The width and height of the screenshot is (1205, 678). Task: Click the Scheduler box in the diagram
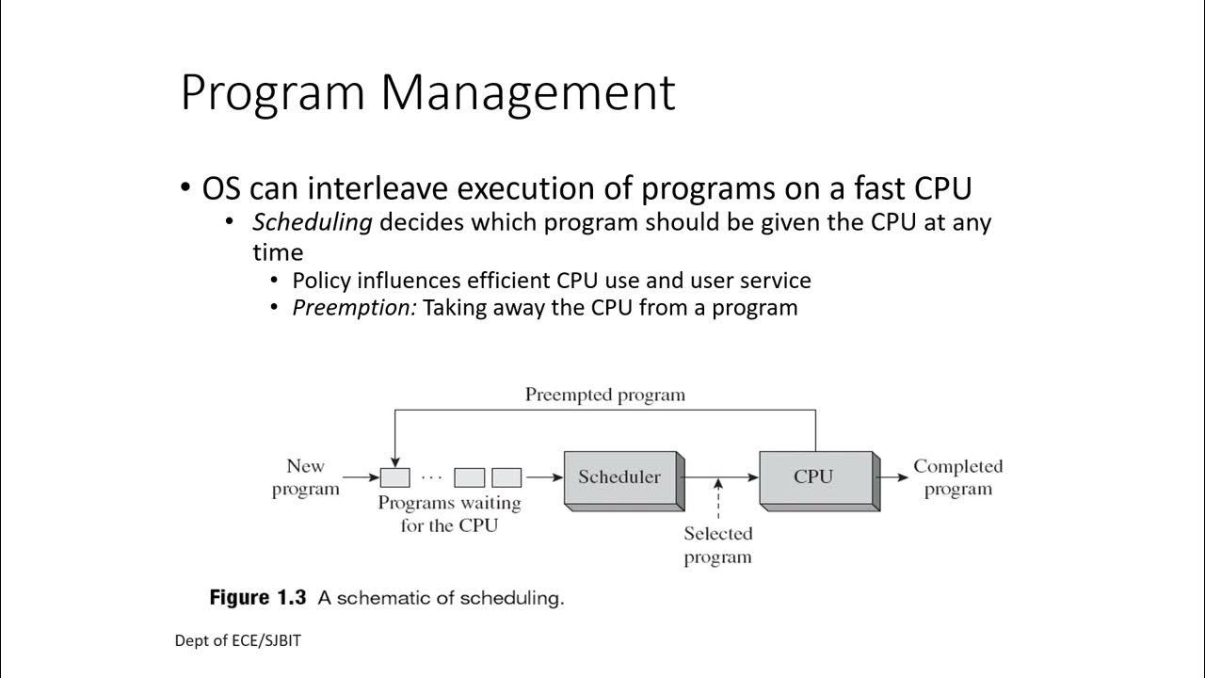coord(619,476)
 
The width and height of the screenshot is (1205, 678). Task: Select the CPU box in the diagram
coord(813,476)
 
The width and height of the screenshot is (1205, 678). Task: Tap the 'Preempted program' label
coord(604,395)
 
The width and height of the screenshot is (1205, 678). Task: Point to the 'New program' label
coord(305,477)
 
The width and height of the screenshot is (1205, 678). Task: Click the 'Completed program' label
coord(957,477)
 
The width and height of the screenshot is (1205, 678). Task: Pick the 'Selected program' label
coord(717,545)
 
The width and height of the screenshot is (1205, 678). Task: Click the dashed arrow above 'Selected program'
coord(718,499)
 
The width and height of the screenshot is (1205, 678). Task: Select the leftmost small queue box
coord(394,476)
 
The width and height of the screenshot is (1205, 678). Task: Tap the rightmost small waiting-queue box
coord(506,476)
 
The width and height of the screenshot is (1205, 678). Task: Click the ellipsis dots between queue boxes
coord(432,476)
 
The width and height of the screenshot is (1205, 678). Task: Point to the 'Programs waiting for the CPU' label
coord(449,514)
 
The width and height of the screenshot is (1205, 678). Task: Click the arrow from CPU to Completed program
coord(894,476)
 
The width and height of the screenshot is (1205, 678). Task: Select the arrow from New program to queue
coord(361,476)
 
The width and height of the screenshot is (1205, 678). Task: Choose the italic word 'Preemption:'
coord(354,308)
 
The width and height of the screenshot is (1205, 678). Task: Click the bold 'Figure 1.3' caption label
coord(260,597)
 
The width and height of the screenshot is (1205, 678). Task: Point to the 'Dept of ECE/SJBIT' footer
coord(237,640)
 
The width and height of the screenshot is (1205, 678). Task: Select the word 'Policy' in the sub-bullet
coord(321,281)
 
